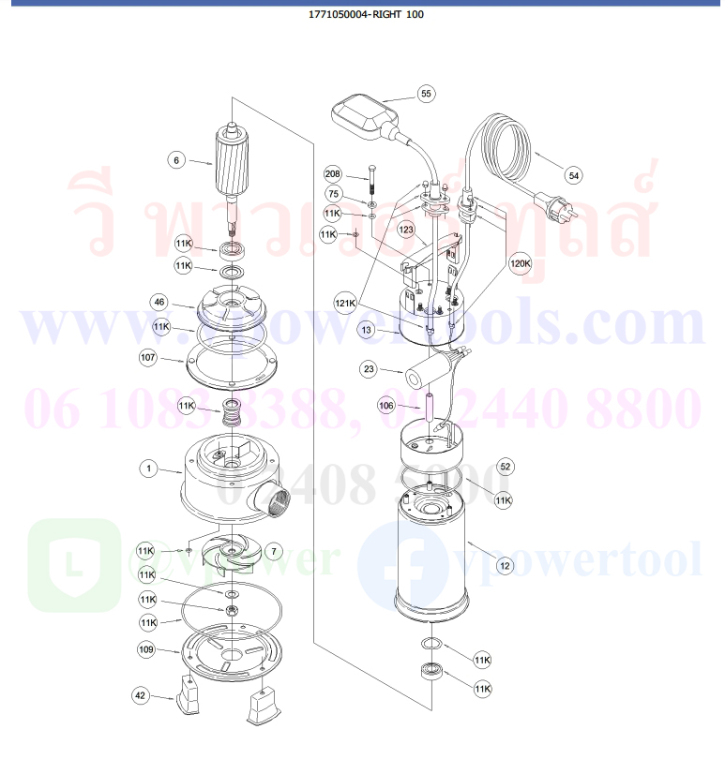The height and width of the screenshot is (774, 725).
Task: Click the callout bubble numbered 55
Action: click(426, 94)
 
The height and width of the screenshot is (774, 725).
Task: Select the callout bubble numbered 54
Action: click(574, 175)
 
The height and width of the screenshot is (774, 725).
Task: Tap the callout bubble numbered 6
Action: click(175, 160)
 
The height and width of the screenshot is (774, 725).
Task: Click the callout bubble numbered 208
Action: click(333, 174)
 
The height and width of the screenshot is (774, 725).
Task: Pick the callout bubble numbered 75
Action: click(333, 193)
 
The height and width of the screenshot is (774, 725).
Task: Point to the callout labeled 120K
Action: click(520, 264)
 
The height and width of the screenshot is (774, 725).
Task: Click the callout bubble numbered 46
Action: click(160, 302)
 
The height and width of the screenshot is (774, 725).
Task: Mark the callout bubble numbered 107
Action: click(148, 357)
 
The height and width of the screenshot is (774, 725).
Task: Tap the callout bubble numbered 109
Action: click(147, 648)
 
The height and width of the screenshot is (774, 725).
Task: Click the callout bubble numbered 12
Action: click(505, 565)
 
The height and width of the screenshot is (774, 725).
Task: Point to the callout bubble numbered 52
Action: click(506, 466)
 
